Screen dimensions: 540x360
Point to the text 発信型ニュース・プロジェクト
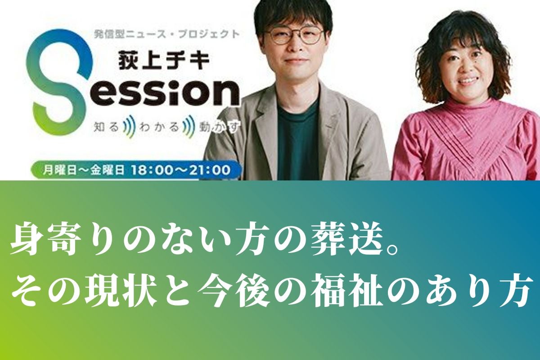click(x=166, y=34)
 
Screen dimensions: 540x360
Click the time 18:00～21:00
click(x=181, y=170)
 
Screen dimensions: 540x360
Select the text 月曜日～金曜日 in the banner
click(x=83, y=170)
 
